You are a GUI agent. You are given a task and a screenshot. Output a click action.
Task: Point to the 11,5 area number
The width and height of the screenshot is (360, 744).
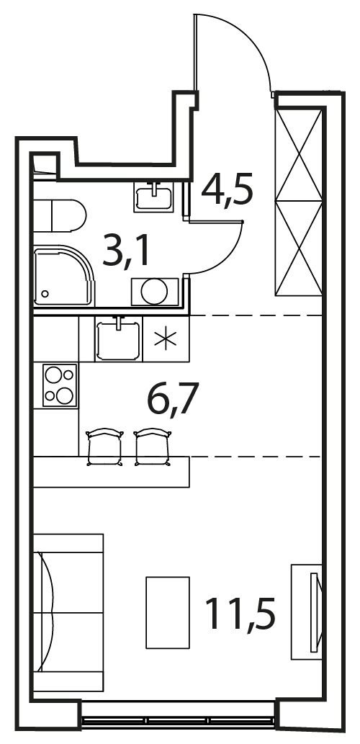coord(240,613)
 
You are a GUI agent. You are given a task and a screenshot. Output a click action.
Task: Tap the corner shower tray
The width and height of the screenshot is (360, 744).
coord(64,275)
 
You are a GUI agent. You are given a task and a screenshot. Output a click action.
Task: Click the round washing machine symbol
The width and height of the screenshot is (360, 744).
coord(155,292)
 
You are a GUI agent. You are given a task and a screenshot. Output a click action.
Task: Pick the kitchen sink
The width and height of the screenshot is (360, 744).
coord(118,339)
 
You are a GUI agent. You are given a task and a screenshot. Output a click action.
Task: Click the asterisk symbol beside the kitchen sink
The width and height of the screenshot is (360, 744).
coord(166,339)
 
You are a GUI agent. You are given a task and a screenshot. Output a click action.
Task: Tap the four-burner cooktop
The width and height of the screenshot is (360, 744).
coord(60,385)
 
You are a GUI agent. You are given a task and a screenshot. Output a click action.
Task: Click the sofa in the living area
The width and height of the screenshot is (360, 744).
coord(68,613)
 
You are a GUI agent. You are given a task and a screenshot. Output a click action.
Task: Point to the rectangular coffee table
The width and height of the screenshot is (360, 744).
coord(168,613)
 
